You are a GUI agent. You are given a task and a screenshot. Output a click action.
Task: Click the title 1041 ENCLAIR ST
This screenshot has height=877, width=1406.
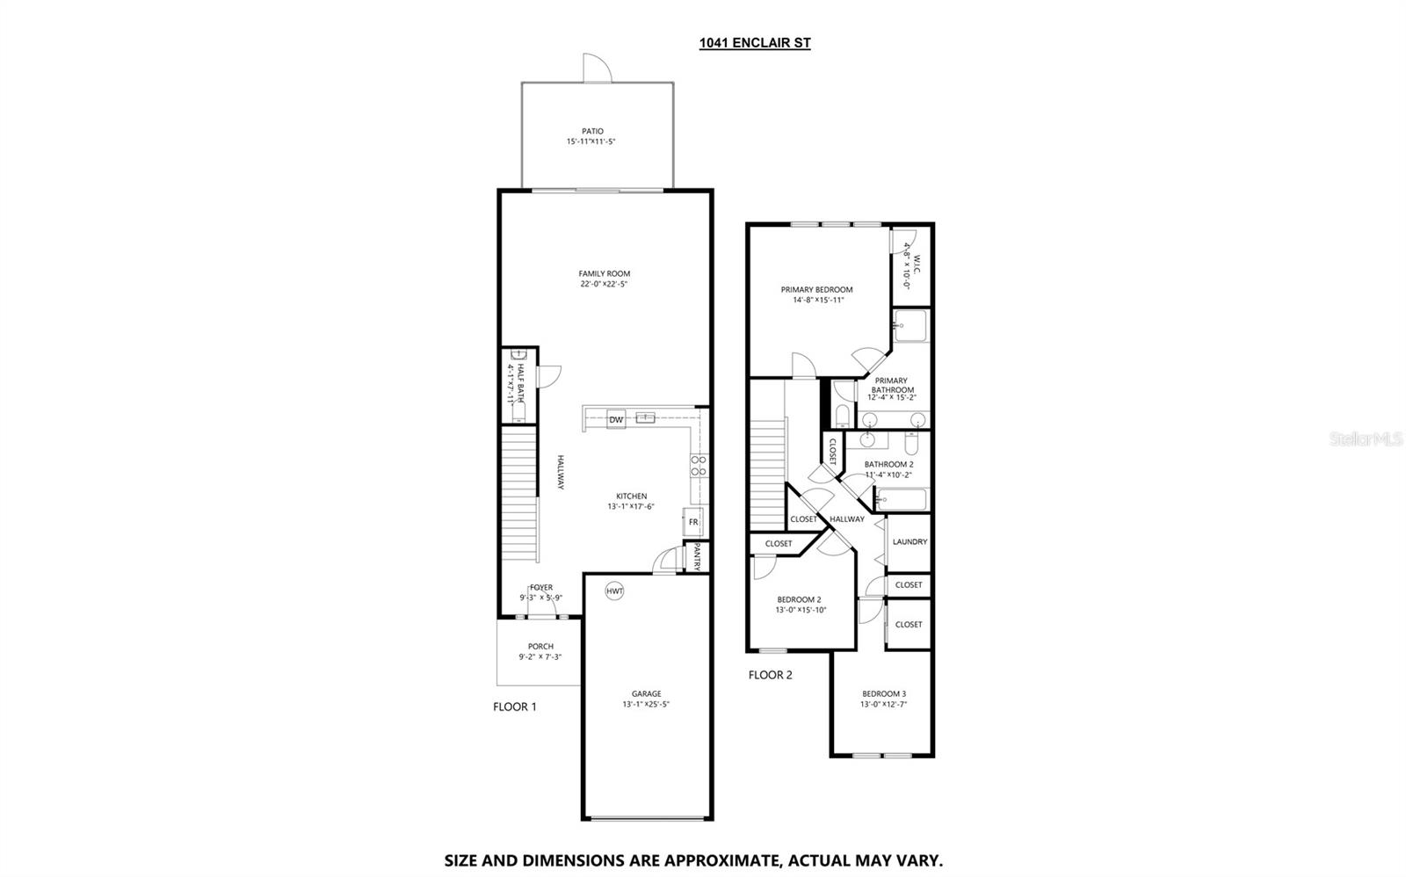pos(754,42)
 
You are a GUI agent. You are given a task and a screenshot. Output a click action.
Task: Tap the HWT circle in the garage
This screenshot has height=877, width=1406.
pos(614,591)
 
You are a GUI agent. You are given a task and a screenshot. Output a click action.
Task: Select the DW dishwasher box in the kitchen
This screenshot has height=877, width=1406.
pos(616,420)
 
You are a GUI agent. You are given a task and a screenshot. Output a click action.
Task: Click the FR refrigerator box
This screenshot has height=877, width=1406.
pos(692,522)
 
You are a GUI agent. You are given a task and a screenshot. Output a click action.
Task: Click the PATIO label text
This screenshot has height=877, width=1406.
pos(592,131)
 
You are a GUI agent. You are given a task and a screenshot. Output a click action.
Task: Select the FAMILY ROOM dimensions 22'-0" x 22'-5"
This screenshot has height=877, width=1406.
pos(604,284)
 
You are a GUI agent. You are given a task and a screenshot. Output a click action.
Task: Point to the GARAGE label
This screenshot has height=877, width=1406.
pos(646,693)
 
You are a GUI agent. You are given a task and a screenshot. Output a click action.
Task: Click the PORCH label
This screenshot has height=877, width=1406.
pos(540,647)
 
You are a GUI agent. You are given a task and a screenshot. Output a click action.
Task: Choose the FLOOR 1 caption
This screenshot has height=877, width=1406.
pos(514,707)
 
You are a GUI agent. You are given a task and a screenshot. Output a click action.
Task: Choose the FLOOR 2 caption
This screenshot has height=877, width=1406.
pos(770,675)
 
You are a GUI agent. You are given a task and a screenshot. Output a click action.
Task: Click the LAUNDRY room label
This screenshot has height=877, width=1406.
pos(910,542)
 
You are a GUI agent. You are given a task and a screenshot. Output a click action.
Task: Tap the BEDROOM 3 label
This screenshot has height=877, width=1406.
pos(883,693)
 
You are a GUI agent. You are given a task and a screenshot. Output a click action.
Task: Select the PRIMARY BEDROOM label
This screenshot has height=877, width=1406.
pos(816,289)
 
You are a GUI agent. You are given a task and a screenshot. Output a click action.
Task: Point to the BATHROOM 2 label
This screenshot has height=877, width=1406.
pos(888,464)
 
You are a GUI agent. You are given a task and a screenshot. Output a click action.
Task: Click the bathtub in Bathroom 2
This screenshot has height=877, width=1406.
pos(901,500)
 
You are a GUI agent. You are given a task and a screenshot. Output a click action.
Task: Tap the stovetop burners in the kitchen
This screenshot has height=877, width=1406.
pos(699,466)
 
